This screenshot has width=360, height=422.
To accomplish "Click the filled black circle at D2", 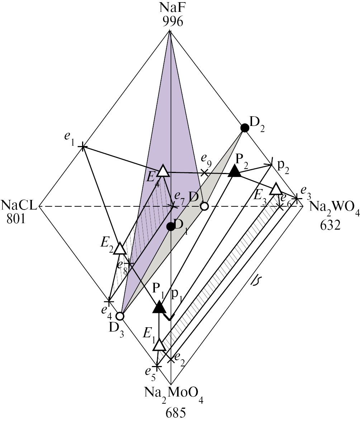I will [x=244, y=127].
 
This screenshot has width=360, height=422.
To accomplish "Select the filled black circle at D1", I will [x=171, y=226].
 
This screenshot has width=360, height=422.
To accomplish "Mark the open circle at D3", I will [x=120, y=316].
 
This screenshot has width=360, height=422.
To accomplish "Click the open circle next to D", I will [x=204, y=206].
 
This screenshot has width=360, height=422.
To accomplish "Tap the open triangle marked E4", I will [x=163, y=171].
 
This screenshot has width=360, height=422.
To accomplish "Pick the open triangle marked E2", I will [x=119, y=248].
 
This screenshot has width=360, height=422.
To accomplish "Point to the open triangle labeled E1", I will [x=159, y=345].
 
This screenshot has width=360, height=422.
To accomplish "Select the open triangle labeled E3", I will [x=276, y=189].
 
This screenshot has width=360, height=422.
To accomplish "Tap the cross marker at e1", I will [x=83, y=146].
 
